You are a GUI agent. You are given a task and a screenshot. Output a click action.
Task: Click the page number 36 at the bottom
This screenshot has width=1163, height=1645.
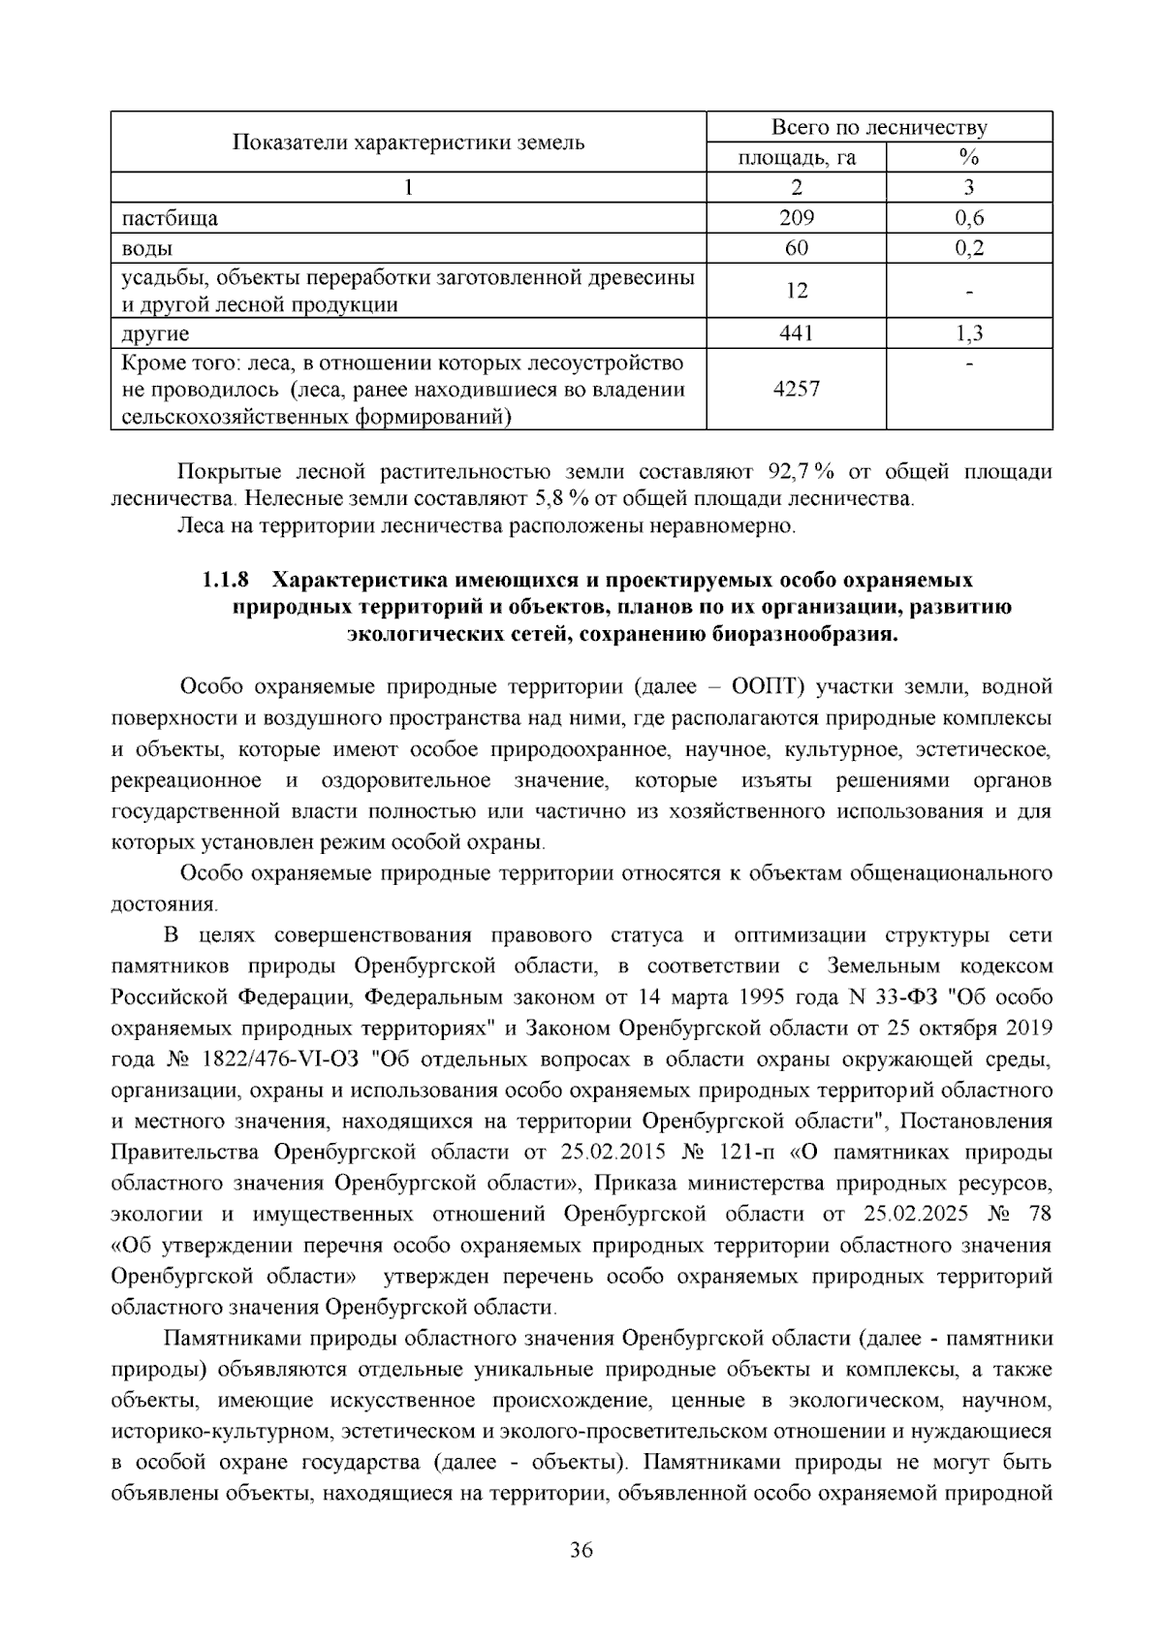click(581, 1550)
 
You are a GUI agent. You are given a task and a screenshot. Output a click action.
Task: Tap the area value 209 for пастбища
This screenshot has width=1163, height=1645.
click(796, 218)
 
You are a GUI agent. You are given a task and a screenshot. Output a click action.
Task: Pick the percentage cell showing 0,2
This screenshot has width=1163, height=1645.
click(968, 248)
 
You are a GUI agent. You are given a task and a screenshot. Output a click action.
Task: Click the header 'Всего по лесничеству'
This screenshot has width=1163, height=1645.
click(878, 128)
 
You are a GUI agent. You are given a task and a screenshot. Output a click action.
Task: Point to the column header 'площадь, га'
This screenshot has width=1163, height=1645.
click(796, 158)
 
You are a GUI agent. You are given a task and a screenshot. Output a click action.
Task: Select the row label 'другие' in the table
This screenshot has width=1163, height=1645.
click(155, 333)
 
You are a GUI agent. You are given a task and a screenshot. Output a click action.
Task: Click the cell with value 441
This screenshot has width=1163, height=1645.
click(796, 333)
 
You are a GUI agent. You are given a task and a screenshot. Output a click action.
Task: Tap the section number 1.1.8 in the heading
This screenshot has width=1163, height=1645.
click(225, 581)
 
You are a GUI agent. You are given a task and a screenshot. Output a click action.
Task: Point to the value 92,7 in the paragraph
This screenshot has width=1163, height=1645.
click(787, 472)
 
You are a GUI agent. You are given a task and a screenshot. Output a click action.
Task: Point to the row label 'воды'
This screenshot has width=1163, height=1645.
click(141, 248)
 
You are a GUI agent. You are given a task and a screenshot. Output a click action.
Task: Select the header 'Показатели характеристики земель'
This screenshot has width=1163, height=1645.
click(408, 143)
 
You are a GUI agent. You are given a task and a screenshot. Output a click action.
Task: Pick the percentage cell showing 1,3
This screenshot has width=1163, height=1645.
click(968, 333)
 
